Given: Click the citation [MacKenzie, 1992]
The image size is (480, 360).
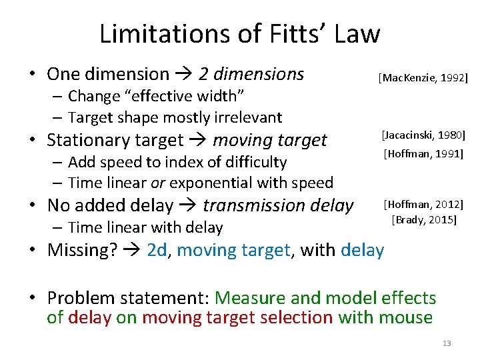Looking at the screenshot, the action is (x=423, y=79).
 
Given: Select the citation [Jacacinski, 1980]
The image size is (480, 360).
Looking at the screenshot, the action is (x=423, y=136).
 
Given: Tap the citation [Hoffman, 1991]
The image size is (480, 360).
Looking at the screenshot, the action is (x=423, y=155).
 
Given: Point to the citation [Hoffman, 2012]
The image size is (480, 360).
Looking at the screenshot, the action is (x=423, y=204).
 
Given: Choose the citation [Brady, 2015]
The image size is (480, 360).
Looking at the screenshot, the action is (x=424, y=219).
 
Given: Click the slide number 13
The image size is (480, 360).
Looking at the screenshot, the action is (x=446, y=343).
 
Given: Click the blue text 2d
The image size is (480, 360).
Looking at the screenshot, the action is (x=157, y=250).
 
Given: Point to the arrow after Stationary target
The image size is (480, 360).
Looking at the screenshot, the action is (x=197, y=140).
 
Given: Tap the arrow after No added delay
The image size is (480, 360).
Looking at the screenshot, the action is (x=188, y=205).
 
